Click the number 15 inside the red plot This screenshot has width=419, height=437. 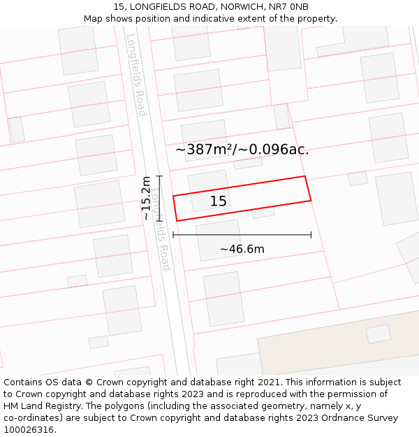pos(218,201)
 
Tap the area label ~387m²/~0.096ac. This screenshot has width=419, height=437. pos(242,149)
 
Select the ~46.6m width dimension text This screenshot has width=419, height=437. pos(242,249)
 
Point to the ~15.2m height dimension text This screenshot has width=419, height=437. pos(146,198)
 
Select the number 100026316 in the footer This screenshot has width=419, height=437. pos(30,429)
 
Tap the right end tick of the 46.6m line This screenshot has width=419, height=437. pos(311,235)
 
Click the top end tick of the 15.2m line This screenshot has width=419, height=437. pos(159,176)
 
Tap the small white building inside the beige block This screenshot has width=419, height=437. pos(378,334)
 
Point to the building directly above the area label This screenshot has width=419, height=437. pos(204,139)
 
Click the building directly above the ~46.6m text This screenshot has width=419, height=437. pos(219,239)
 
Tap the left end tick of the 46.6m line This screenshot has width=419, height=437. pos(173,235)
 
